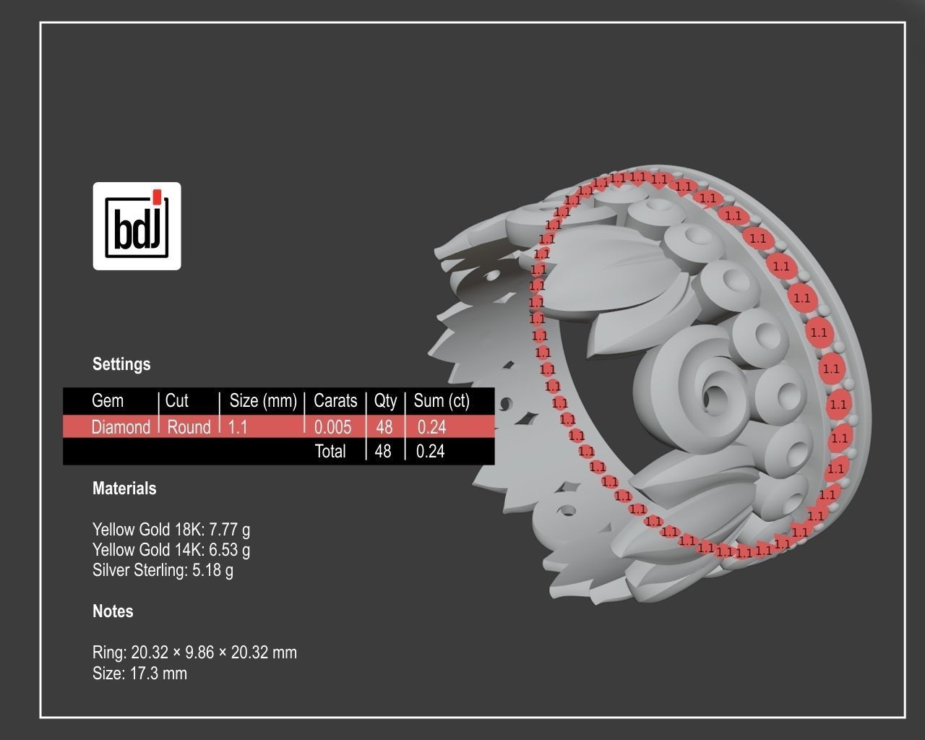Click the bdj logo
tap(137, 225)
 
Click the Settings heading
tap(121, 364)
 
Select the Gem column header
tap(108, 401)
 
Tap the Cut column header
tap(176, 401)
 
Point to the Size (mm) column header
tap(263, 401)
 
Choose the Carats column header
tap(335, 401)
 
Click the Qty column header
tap(385, 401)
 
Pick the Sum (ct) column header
tap(442, 401)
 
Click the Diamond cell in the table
tap(121, 427)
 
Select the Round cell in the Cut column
tap(189, 427)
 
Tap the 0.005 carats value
tap(332, 427)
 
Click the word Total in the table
tap(330, 452)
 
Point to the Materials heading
tap(124, 489)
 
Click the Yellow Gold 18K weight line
tap(171, 530)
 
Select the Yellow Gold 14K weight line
tap(171, 550)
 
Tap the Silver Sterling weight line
tap(163, 570)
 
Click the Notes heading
tap(113, 611)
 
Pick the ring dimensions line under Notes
tap(194, 653)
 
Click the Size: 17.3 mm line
tap(139, 674)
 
